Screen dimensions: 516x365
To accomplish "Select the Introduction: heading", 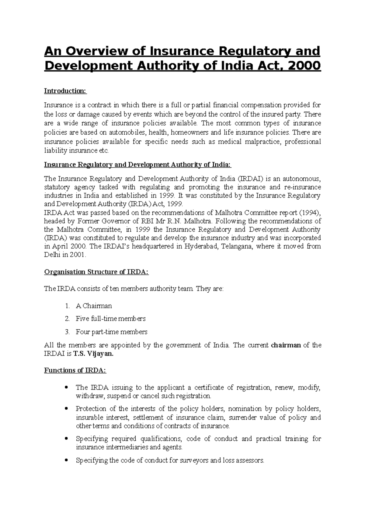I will pos(65,91).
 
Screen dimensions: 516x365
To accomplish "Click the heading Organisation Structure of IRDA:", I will pos(96,272).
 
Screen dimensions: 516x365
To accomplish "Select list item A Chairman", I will pos(94,306).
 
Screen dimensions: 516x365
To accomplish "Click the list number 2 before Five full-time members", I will pos(67,319).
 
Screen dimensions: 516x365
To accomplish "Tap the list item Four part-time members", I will pos(111,332).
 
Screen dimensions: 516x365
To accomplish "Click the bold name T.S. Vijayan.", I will pos(93,354).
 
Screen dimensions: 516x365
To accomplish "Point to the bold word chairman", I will pos(286,345).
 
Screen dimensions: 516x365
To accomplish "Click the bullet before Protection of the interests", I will pos(67,409).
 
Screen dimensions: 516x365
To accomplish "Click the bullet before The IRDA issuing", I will pos(67,387).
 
